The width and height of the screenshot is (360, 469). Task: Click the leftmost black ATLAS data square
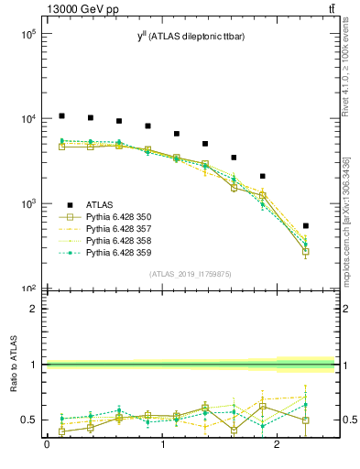click(x=61, y=116)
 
